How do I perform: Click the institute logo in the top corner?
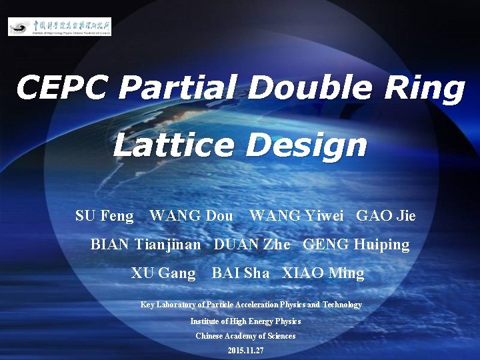click(x=59, y=27)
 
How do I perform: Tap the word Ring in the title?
click(x=425, y=88)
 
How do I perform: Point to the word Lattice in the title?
click(x=173, y=145)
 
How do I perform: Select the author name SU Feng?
click(x=105, y=215)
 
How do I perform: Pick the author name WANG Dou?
click(x=191, y=215)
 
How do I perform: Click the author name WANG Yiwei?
click(x=297, y=215)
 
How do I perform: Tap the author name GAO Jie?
click(x=386, y=215)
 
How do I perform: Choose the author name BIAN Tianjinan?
click(x=145, y=245)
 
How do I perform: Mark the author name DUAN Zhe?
click(x=252, y=245)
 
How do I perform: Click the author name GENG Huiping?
click(x=356, y=245)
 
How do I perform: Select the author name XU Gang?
click(x=163, y=273)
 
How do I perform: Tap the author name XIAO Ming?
click(x=323, y=273)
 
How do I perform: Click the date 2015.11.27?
click(x=245, y=351)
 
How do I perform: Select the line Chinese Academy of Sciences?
click(x=245, y=336)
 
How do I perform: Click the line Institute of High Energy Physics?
click(x=245, y=321)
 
